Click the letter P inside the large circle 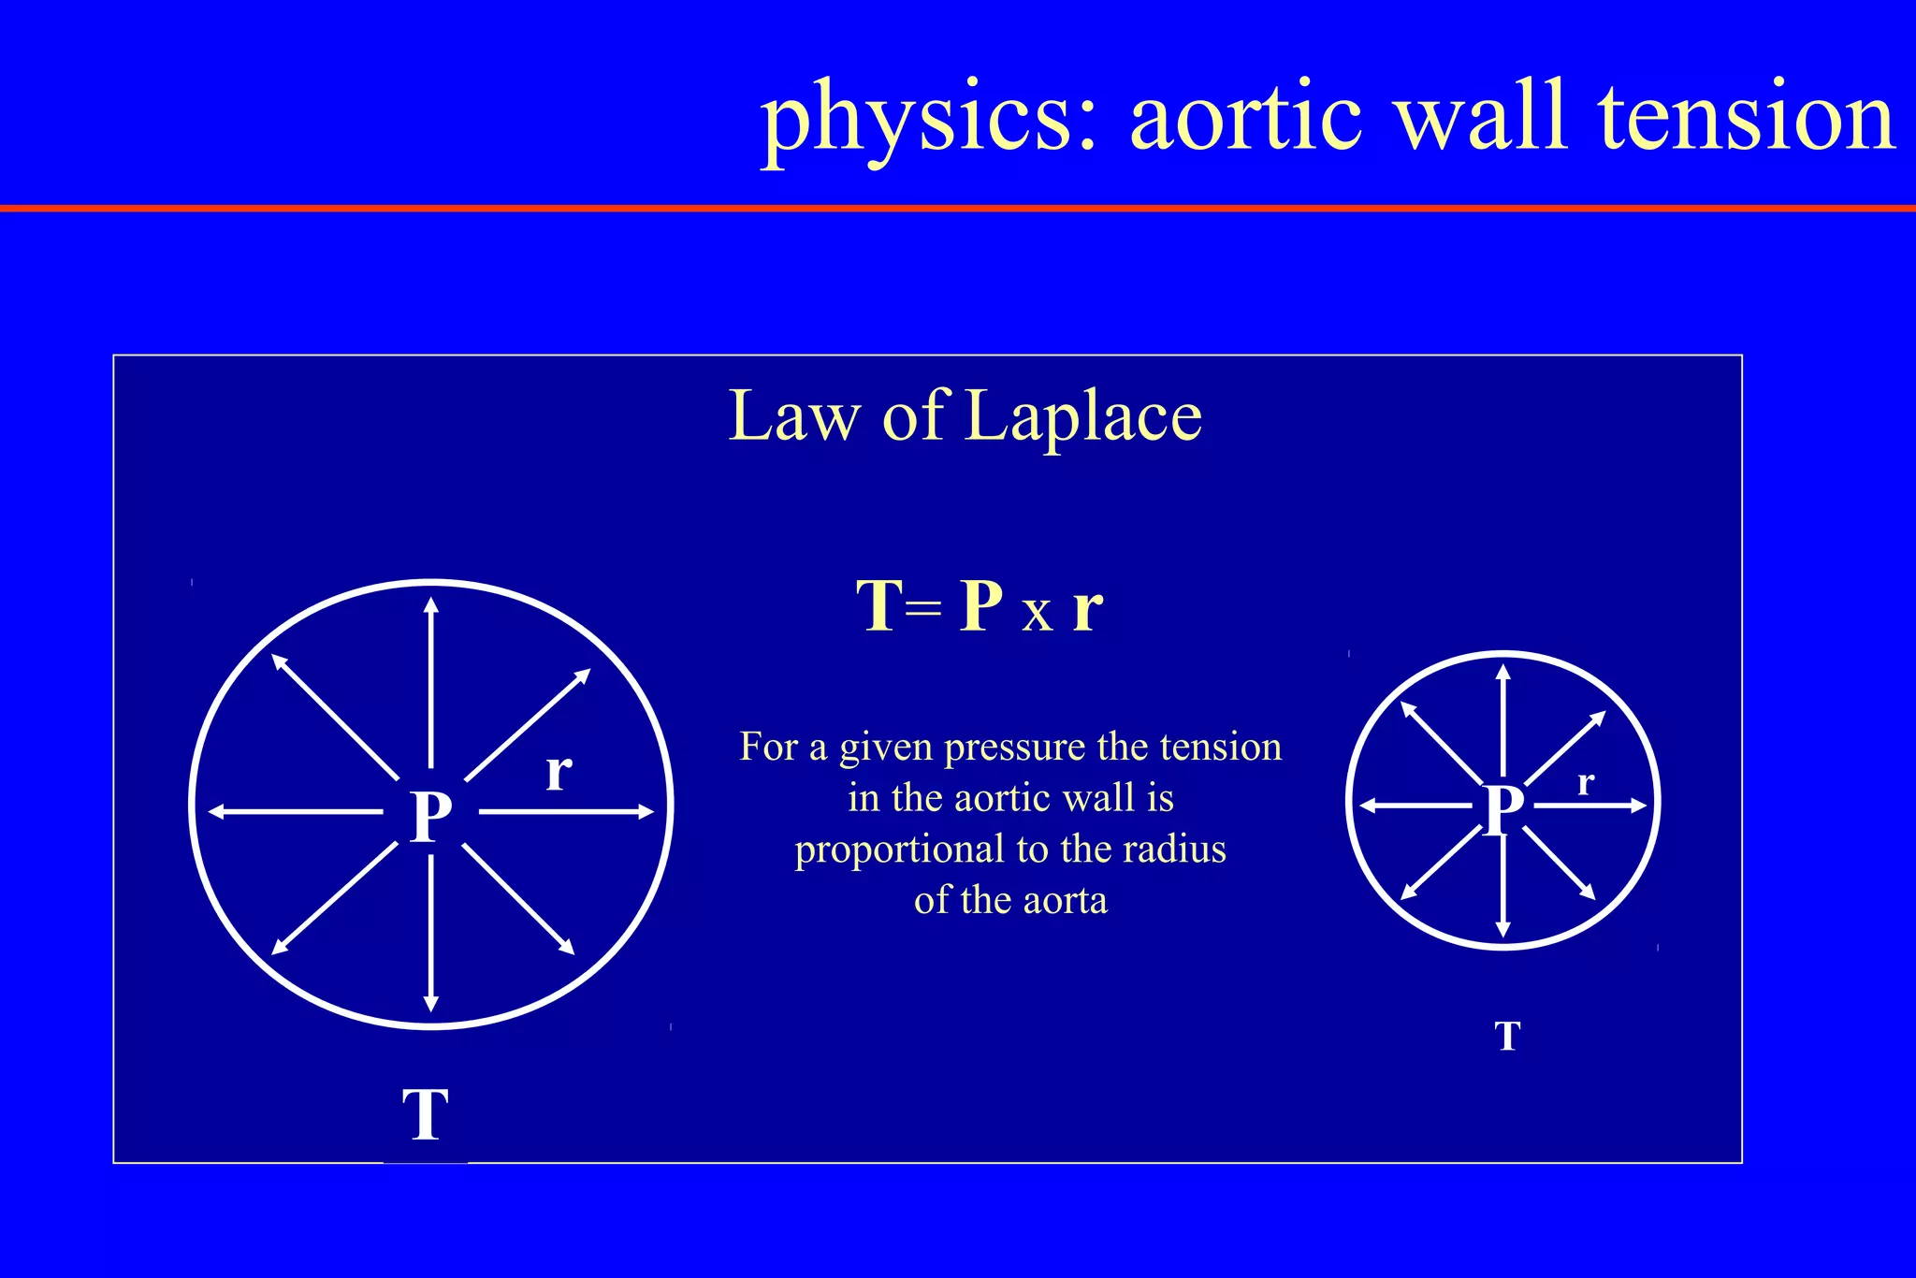click(x=431, y=816)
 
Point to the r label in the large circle click(x=559, y=773)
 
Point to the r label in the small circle click(x=1585, y=782)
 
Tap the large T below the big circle click(x=426, y=1114)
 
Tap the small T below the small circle click(x=1507, y=1037)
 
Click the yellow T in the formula click(x=879, y=606)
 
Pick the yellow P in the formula click(x=981, y=606)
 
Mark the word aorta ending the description click(x=1065, y=900)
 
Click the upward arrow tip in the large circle click(x=430, y=603)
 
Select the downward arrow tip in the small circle click(x=1502, y=931)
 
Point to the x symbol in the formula click(x=1037, y=615)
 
